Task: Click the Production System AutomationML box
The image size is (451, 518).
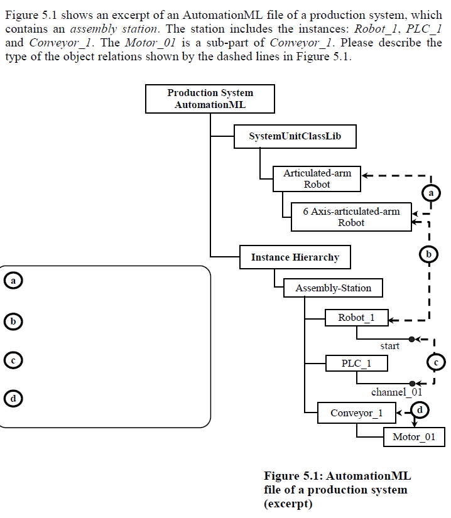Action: coord(210,99)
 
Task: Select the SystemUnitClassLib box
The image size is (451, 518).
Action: coord(295,136)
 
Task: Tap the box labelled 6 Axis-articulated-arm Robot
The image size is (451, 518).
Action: coord(351,217)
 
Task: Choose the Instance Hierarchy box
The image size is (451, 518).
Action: coord(295,257)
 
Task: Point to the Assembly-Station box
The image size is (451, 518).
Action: coord(333,288)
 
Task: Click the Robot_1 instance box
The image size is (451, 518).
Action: coord(356,318)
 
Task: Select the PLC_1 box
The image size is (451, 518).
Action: coord(356,364)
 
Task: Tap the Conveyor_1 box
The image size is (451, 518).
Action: coord(356,413)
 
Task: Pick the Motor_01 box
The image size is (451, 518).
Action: coord(413,437)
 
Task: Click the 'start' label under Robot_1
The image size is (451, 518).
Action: coord(389,346)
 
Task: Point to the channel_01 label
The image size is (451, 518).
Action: coord(396,392)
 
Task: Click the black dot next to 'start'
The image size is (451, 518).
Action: coord(411,339)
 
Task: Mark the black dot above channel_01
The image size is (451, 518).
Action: coord(412,382)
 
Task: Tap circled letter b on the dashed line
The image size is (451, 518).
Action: coord(428,254)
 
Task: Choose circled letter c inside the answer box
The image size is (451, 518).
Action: coord(13,360)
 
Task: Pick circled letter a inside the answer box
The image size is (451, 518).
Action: coord(13,280)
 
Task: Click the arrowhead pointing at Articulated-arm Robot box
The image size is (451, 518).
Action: coord(366,175)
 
